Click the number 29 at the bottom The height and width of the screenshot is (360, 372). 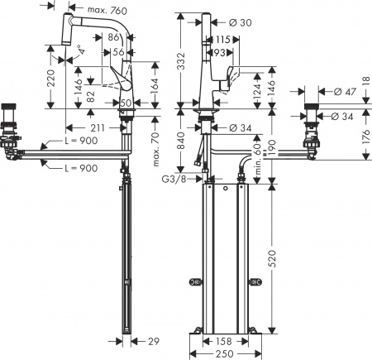click(153, 341)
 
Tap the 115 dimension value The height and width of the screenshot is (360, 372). click(223, 39)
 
